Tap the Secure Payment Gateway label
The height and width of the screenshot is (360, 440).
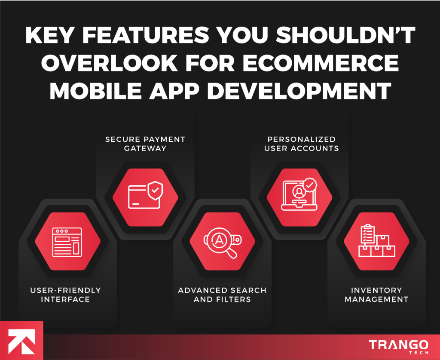click(x=145, y=144)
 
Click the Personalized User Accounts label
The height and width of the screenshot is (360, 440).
click(x=301, y=144)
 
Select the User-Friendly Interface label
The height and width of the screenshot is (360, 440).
click(x=65, y=295)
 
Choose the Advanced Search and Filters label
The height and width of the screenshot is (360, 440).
click(x=222, y=295)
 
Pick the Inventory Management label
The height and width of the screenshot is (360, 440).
click(x=376, y=295)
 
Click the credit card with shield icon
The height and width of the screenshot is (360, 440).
click(x=145, y=196)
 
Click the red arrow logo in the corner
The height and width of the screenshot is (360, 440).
click(x=21, y=340)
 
